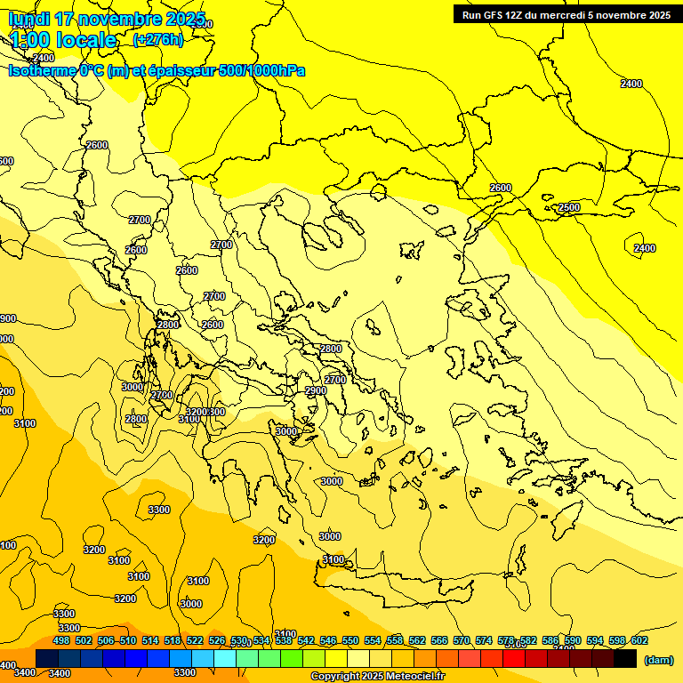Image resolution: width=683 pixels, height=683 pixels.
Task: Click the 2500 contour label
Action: coord(569,207)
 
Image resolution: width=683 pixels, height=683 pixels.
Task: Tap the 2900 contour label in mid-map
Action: coord(316,390)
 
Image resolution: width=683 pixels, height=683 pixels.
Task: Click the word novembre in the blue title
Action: coord(121,19)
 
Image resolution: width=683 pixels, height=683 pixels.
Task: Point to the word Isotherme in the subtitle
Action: coord(41,70)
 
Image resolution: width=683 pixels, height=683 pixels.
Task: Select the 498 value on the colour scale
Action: coord(61,640)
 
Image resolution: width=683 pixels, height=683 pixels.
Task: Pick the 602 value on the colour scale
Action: coord(639,640)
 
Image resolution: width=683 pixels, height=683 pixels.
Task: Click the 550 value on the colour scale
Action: coord(350,640)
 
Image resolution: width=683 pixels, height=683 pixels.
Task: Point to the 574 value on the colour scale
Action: coord(484,640)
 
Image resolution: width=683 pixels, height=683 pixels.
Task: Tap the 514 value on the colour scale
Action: coord(150,640)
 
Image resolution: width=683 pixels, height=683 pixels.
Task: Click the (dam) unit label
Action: coord(658,660)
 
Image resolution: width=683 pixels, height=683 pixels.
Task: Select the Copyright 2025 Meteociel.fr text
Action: coord(377,677)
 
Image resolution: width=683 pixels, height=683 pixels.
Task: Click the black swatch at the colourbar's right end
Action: coord(625,659)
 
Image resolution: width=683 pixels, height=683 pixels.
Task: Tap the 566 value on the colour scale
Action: coord(439,640)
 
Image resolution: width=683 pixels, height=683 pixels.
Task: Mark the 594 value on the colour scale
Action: coord(594,640)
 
